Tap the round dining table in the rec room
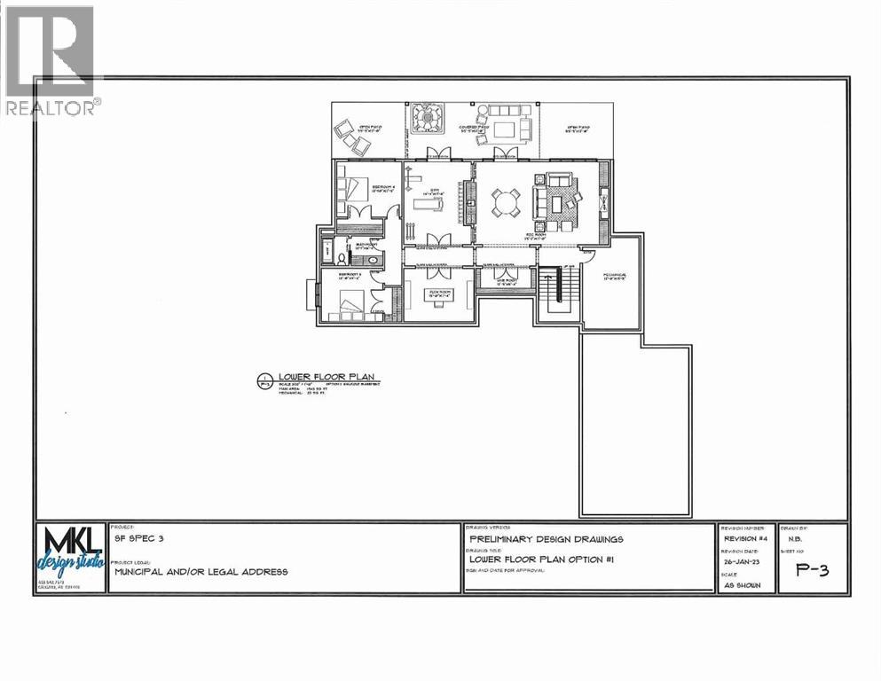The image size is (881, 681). (x=504, y=203)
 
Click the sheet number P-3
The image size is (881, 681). (x=812, y=570)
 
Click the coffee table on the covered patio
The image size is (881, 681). (x=504, y=129)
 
